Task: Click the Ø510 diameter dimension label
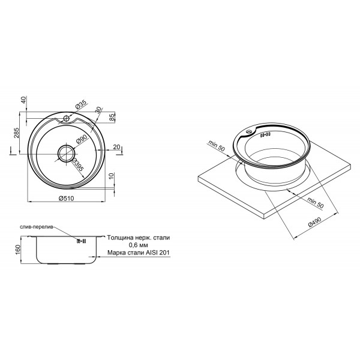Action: [x=67, y=198]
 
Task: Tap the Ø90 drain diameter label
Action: [x=81, y=139]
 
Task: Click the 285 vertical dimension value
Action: [x=17, y=133]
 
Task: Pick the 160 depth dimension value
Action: [x=18, y=250]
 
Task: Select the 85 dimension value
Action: [x=112, y=118]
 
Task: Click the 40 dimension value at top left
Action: [x=24, y=100]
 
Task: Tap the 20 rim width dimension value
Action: [x=116, y=147]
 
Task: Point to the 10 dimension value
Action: [x=111, y=176]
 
